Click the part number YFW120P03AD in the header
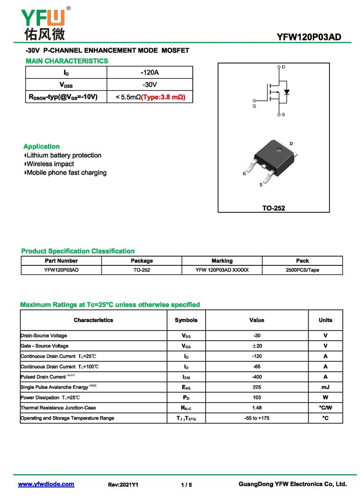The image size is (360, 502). pos(309,37)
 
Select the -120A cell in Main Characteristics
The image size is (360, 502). pos(149,72)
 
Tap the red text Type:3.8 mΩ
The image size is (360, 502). pos(163,97)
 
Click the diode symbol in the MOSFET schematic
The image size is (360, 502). pos(287,92)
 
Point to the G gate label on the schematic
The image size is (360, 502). pos(254,106)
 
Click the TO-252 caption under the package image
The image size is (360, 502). pos(274,208)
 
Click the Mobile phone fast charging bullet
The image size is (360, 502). pos(66,173)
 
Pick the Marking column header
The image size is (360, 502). pos(222,261)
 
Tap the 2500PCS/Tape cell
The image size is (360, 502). pos(302,270)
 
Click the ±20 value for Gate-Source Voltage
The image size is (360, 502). pos(256,346)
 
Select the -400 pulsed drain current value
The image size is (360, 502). pos(256,377)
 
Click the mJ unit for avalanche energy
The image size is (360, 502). pos(325,387)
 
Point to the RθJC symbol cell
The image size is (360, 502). pos(186,408)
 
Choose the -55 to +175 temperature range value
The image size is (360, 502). pos(256,418)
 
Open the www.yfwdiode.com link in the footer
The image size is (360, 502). pos(46,484)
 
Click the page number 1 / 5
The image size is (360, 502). pos(186,485)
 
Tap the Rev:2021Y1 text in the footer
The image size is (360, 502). pos(123,485)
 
